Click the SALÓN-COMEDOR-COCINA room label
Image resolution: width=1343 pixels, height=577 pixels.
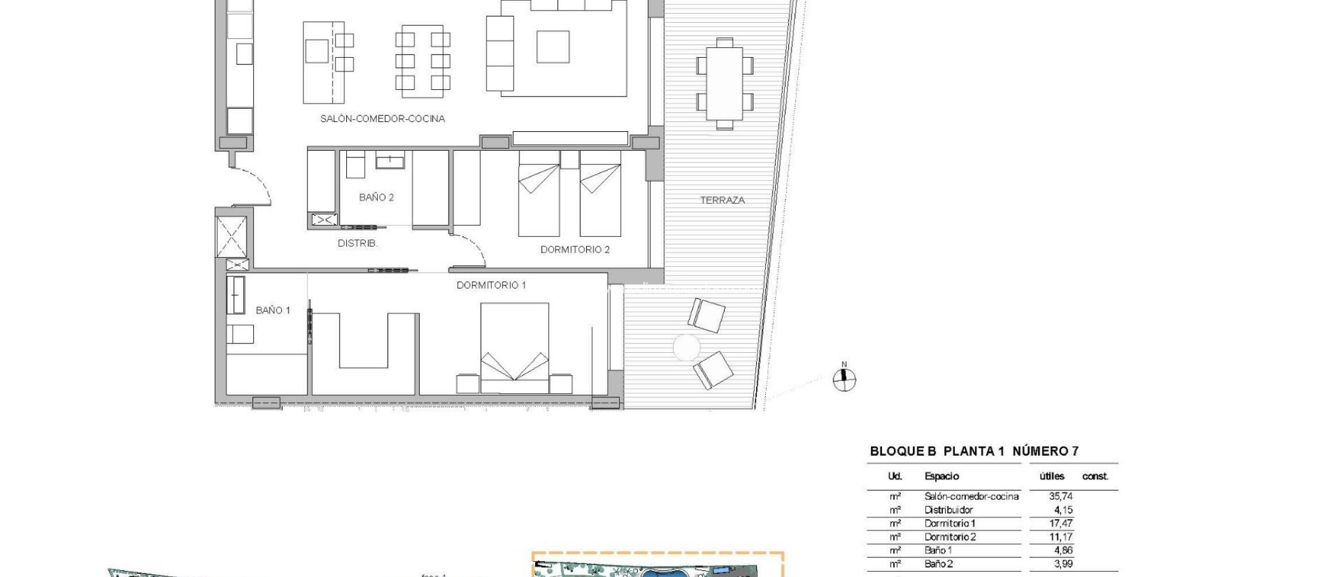coord(382,119)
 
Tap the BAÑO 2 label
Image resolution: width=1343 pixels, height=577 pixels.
coord(376,197)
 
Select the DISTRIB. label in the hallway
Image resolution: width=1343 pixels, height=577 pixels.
coord(357,243)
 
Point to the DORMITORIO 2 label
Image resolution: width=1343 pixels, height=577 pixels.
coord(575,250)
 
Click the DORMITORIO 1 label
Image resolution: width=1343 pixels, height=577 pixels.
coord(491,285)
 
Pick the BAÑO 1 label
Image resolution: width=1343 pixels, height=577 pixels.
coord(273,310)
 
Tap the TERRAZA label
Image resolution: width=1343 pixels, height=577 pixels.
coord(722,200)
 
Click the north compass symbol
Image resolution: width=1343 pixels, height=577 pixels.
coord(844,379)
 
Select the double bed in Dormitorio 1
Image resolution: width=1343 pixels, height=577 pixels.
coord(515,348)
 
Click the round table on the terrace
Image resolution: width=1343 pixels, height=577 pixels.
coord(687,348)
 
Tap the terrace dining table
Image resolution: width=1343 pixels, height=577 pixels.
coord(725,83)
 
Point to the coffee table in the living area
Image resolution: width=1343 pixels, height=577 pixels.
coord(553,47)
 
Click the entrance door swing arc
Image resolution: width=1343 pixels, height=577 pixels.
coord(256,185)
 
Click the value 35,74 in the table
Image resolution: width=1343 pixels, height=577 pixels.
coord(1060,496)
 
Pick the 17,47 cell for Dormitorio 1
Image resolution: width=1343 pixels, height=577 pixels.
coord(1060,523)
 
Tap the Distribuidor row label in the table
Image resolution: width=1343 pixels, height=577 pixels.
coord(948,510)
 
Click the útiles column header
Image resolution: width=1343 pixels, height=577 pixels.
coord(1051,477)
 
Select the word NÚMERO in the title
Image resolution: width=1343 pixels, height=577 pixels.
coord(1040,451)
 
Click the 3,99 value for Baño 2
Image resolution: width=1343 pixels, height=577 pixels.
coord(1062,564)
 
